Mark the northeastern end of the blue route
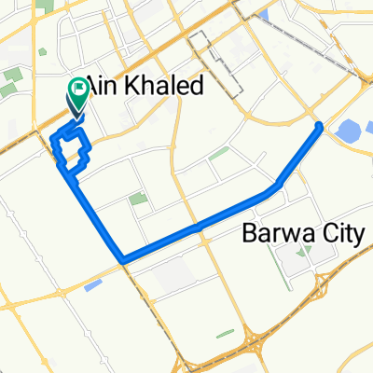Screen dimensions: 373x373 point(320,126)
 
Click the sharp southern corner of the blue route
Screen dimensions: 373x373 point(122,258)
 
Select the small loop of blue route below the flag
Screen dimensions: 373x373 point(71,148)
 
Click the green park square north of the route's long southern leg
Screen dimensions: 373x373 point(138,199)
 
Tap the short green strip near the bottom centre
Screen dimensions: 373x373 point(224,333)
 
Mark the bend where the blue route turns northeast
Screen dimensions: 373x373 point(277,189)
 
